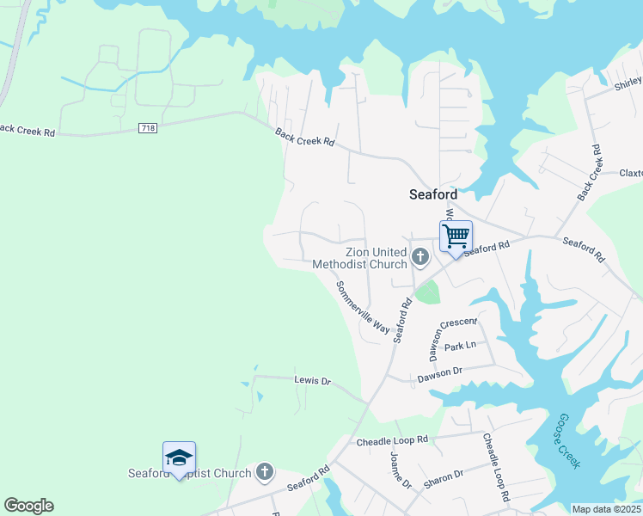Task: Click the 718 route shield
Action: coord(148,128)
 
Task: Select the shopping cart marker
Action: coord(456,235)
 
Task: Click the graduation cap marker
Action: coord(179,457)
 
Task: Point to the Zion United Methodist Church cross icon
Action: coord(420,255)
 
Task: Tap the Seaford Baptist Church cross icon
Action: coord(265,471)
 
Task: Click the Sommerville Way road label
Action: coord(362,306)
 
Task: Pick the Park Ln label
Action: coord(460,345)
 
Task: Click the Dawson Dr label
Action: coord(440,374)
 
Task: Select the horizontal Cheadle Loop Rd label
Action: coord(392,440)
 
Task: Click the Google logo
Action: coord(28,506)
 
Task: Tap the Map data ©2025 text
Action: coord(605,509)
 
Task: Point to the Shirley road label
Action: coord(627,83)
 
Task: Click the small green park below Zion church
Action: coord(426,292)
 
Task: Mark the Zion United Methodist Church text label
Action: coord(359,258)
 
